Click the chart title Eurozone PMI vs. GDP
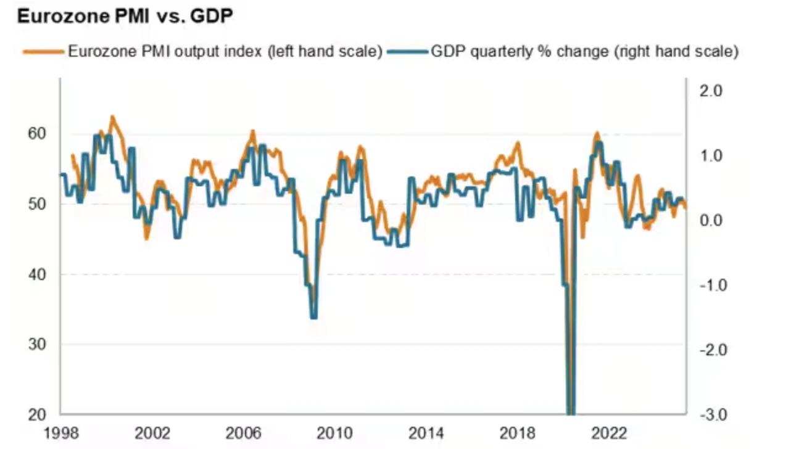click(x=125, y=17)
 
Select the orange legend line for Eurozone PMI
click(x=43, y=52)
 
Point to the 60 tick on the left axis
click(x=38, y=134)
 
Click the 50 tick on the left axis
click(x=38, y=204)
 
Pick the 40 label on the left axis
click(x=38, y=274)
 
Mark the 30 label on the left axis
click(x=38, y=344)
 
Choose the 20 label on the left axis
click(x=38, y=414)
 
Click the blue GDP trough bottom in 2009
click(x=313, y=317)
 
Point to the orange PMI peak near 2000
click(x=112, y=116)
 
